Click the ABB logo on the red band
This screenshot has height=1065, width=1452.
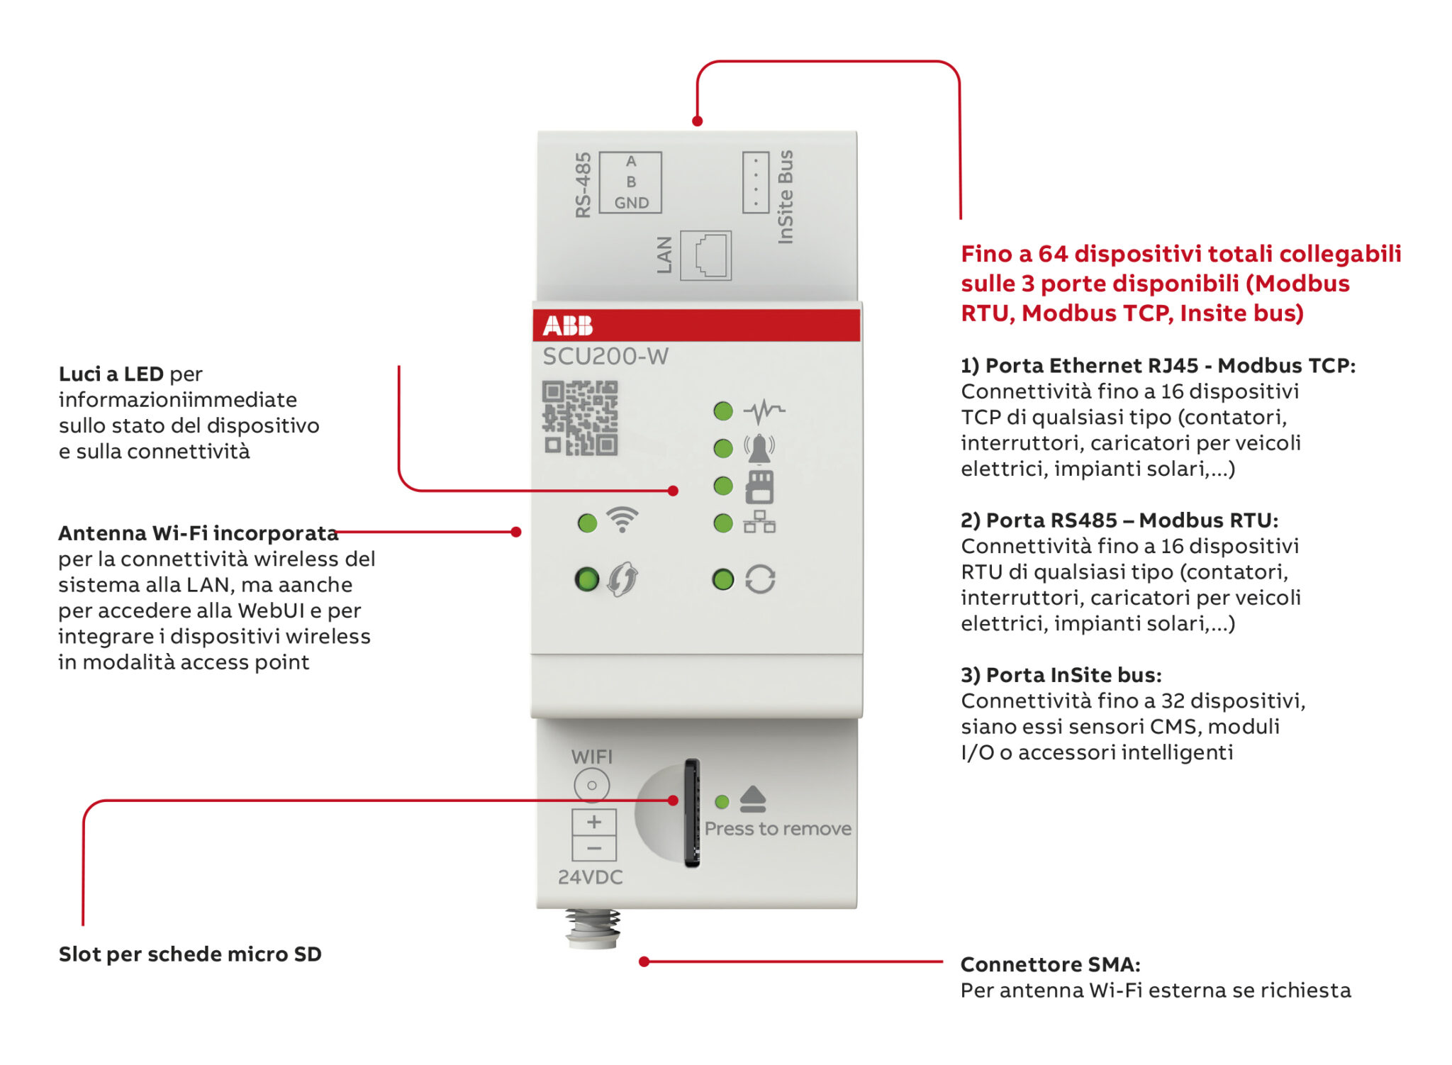567,325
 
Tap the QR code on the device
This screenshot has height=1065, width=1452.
580,418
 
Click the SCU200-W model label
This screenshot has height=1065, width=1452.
605,356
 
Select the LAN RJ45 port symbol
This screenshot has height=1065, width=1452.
705,255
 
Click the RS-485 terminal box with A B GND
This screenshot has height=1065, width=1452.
630,182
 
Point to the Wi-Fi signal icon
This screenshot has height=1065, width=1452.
622,520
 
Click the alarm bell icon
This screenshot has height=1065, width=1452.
759,448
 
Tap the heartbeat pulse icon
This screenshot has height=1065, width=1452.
764,410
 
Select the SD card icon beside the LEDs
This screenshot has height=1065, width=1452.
759,487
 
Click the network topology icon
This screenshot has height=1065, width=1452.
759,523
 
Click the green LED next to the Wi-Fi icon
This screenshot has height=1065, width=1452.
587,523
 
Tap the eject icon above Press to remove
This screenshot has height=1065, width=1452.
752,799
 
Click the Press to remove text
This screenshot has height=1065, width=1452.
778,828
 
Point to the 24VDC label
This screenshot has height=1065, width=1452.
590,877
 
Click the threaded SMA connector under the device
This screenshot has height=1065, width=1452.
593,929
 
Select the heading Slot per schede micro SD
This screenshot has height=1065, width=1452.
190,954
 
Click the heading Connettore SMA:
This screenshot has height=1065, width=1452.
1050,964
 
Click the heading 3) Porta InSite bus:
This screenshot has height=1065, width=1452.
1061,674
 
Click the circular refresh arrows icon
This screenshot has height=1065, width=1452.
760,579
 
